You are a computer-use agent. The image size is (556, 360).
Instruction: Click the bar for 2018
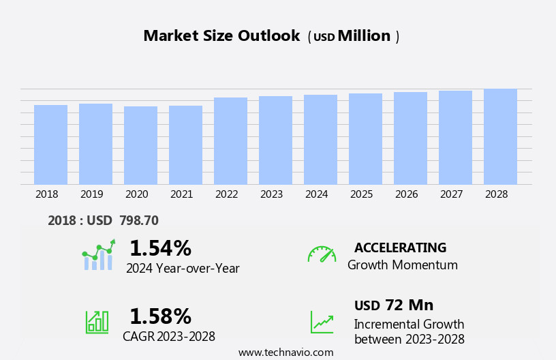[x=50, y=145]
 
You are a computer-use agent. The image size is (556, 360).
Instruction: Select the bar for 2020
[x=140, y=145]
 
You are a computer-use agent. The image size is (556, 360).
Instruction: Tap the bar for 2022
[x=230, y=141]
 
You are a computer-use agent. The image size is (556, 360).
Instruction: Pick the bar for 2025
[x=365, y=139]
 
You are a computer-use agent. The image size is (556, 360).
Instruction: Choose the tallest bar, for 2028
[x=500, y=136]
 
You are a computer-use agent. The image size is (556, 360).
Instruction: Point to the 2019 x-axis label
[x=91, y=194]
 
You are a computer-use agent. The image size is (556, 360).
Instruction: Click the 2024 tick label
[x=316, y=194]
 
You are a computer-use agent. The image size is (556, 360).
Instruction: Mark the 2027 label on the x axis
[x=451, y=194]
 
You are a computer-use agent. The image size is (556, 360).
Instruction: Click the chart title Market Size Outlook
[x=221, y=36]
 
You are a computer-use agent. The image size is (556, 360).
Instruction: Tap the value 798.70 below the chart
[x=139, y=220]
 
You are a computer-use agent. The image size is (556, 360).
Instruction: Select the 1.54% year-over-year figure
[x=160, y=248]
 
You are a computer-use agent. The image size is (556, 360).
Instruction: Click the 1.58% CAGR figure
[x=160, y=316]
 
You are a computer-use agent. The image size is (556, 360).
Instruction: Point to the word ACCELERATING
[x=400, y=247]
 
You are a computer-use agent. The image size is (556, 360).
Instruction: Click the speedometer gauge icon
[x=322, y=254]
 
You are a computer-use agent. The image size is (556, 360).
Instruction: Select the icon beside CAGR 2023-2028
[x=97, y=321]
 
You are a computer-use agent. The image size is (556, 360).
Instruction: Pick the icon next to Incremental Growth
[x=322, y=322]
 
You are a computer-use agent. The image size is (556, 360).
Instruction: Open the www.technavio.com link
[x=285, y=352]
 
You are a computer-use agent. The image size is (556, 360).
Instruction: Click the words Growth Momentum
[x=402, y=265]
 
